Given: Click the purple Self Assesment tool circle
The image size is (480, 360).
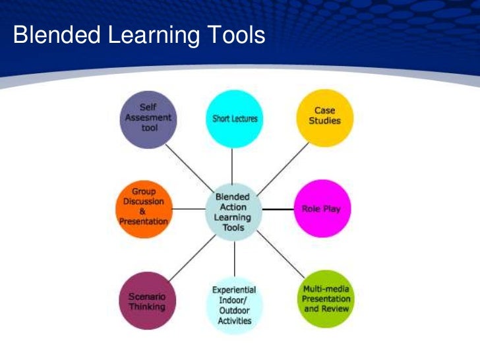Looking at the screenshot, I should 148,119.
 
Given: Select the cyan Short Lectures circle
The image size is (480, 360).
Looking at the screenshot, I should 235,119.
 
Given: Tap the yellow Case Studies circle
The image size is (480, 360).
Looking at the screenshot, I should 324,117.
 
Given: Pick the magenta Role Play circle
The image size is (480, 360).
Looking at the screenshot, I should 321,208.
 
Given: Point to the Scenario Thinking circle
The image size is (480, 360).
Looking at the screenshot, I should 147,300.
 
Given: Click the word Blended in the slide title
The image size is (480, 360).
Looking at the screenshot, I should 51,36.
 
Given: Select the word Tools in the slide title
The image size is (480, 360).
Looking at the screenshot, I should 235,36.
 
